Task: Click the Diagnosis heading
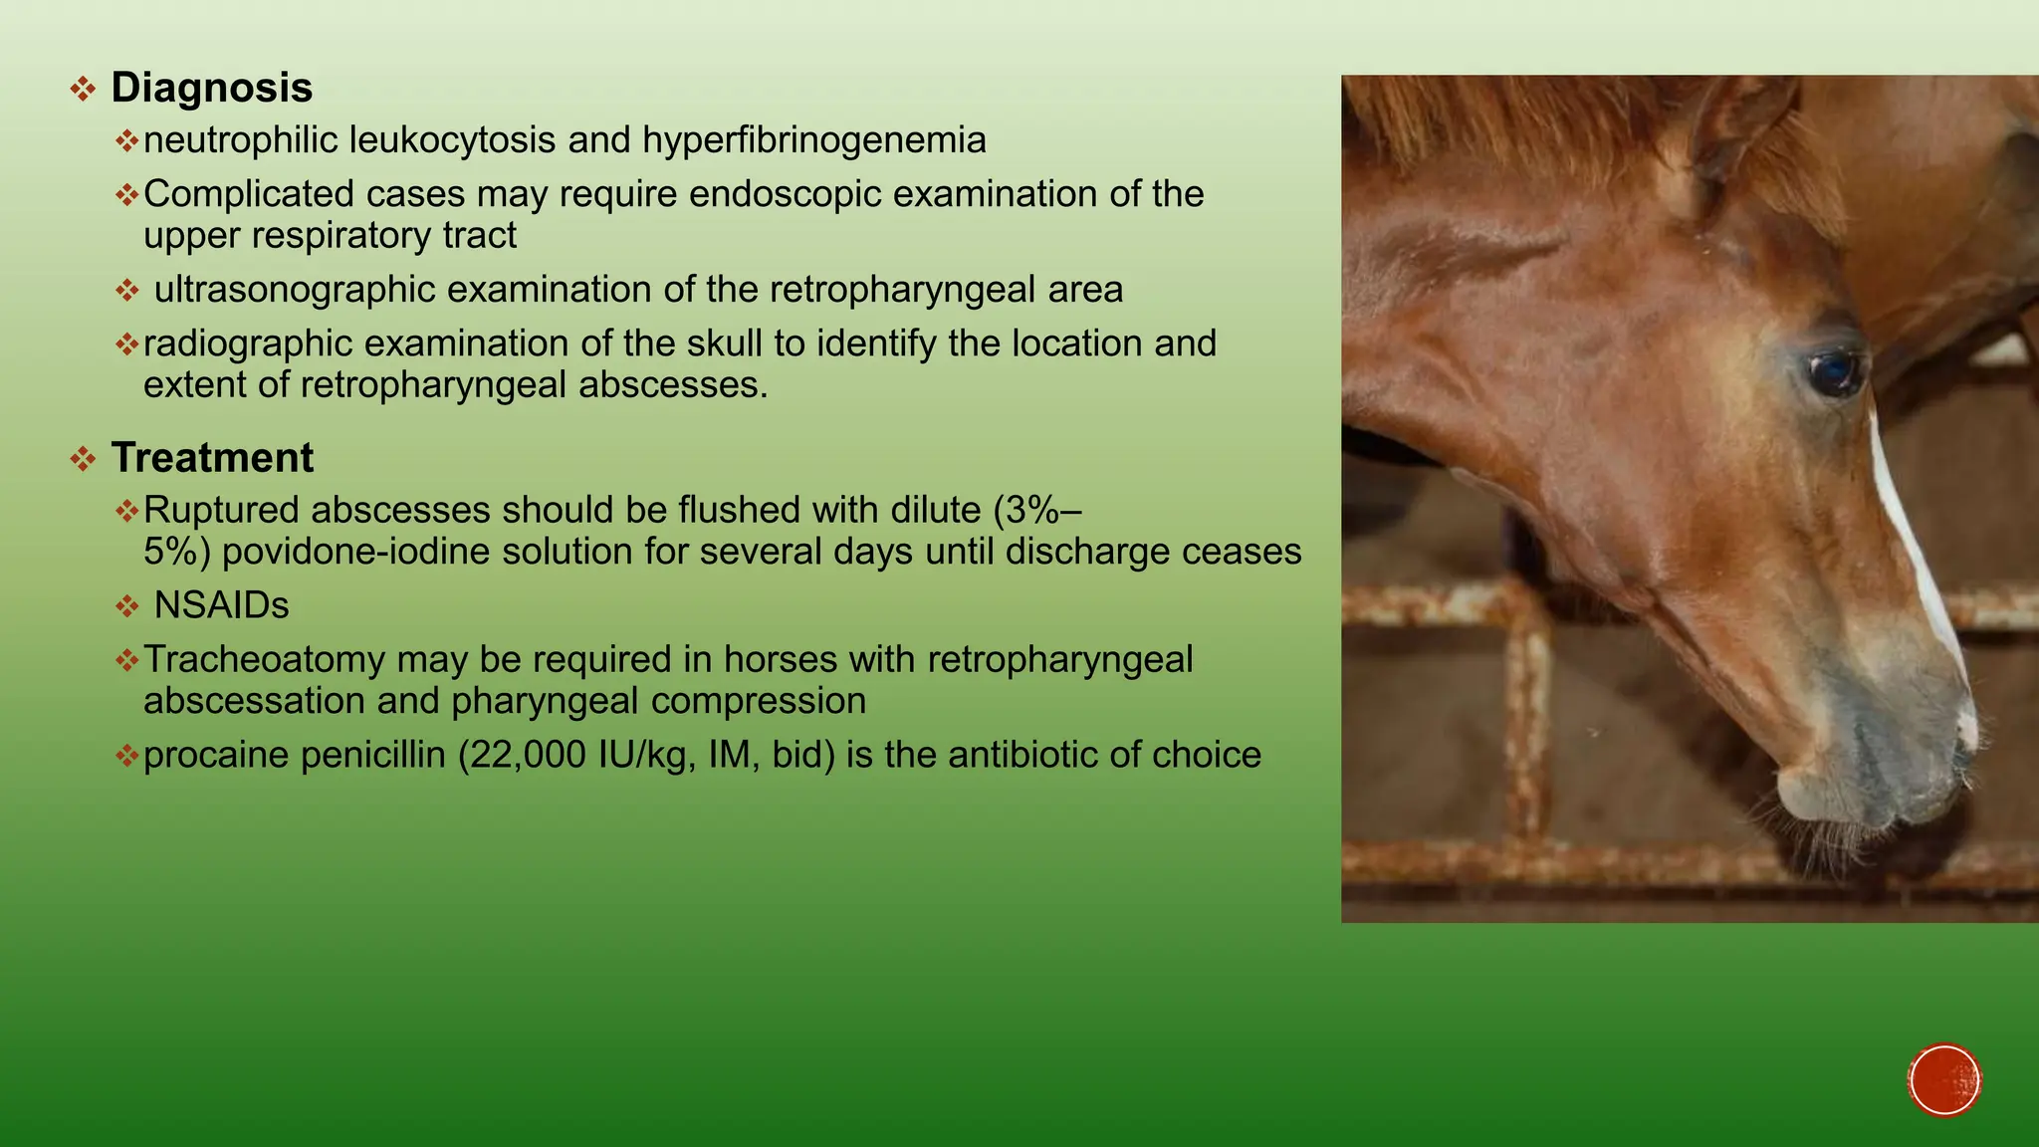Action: tap(211, 89)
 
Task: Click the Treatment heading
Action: tap(212, 459)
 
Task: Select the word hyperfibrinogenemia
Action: tap(813, 141)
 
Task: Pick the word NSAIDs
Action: tap(221, 606)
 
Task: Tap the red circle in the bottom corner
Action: tap(1944, 1080)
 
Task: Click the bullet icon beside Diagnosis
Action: tap(83, 90)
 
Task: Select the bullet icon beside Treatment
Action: tap(83, 460)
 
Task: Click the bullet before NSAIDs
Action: tap(126, 606)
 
